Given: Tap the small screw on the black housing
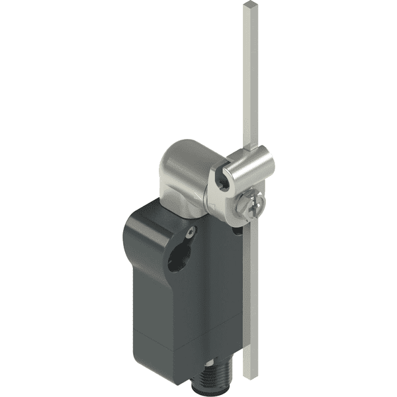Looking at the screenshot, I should (x=191, y=232).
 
